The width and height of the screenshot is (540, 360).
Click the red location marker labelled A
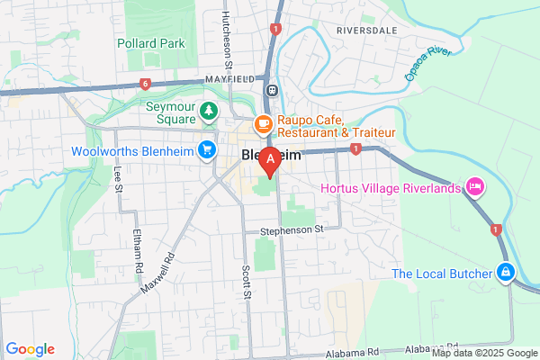click(x=268, y=161)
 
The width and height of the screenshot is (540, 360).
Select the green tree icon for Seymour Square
click(x=209, y=112)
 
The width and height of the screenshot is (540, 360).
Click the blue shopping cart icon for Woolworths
click(x=208, y=149)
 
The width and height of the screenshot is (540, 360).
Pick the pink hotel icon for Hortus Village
click(x=474, y=188)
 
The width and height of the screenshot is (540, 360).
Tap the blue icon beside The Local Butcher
click(x=506, y=273)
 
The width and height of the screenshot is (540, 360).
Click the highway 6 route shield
click(x=145, y=85)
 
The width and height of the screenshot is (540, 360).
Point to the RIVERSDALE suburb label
click(x=367, y=30)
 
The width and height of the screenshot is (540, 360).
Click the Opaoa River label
click(x=427, y=64)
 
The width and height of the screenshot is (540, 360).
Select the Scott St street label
click(x=246, y=286)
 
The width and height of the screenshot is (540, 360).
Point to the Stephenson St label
click(x=292, y=230)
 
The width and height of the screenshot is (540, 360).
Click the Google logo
click(x=30, y=349)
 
